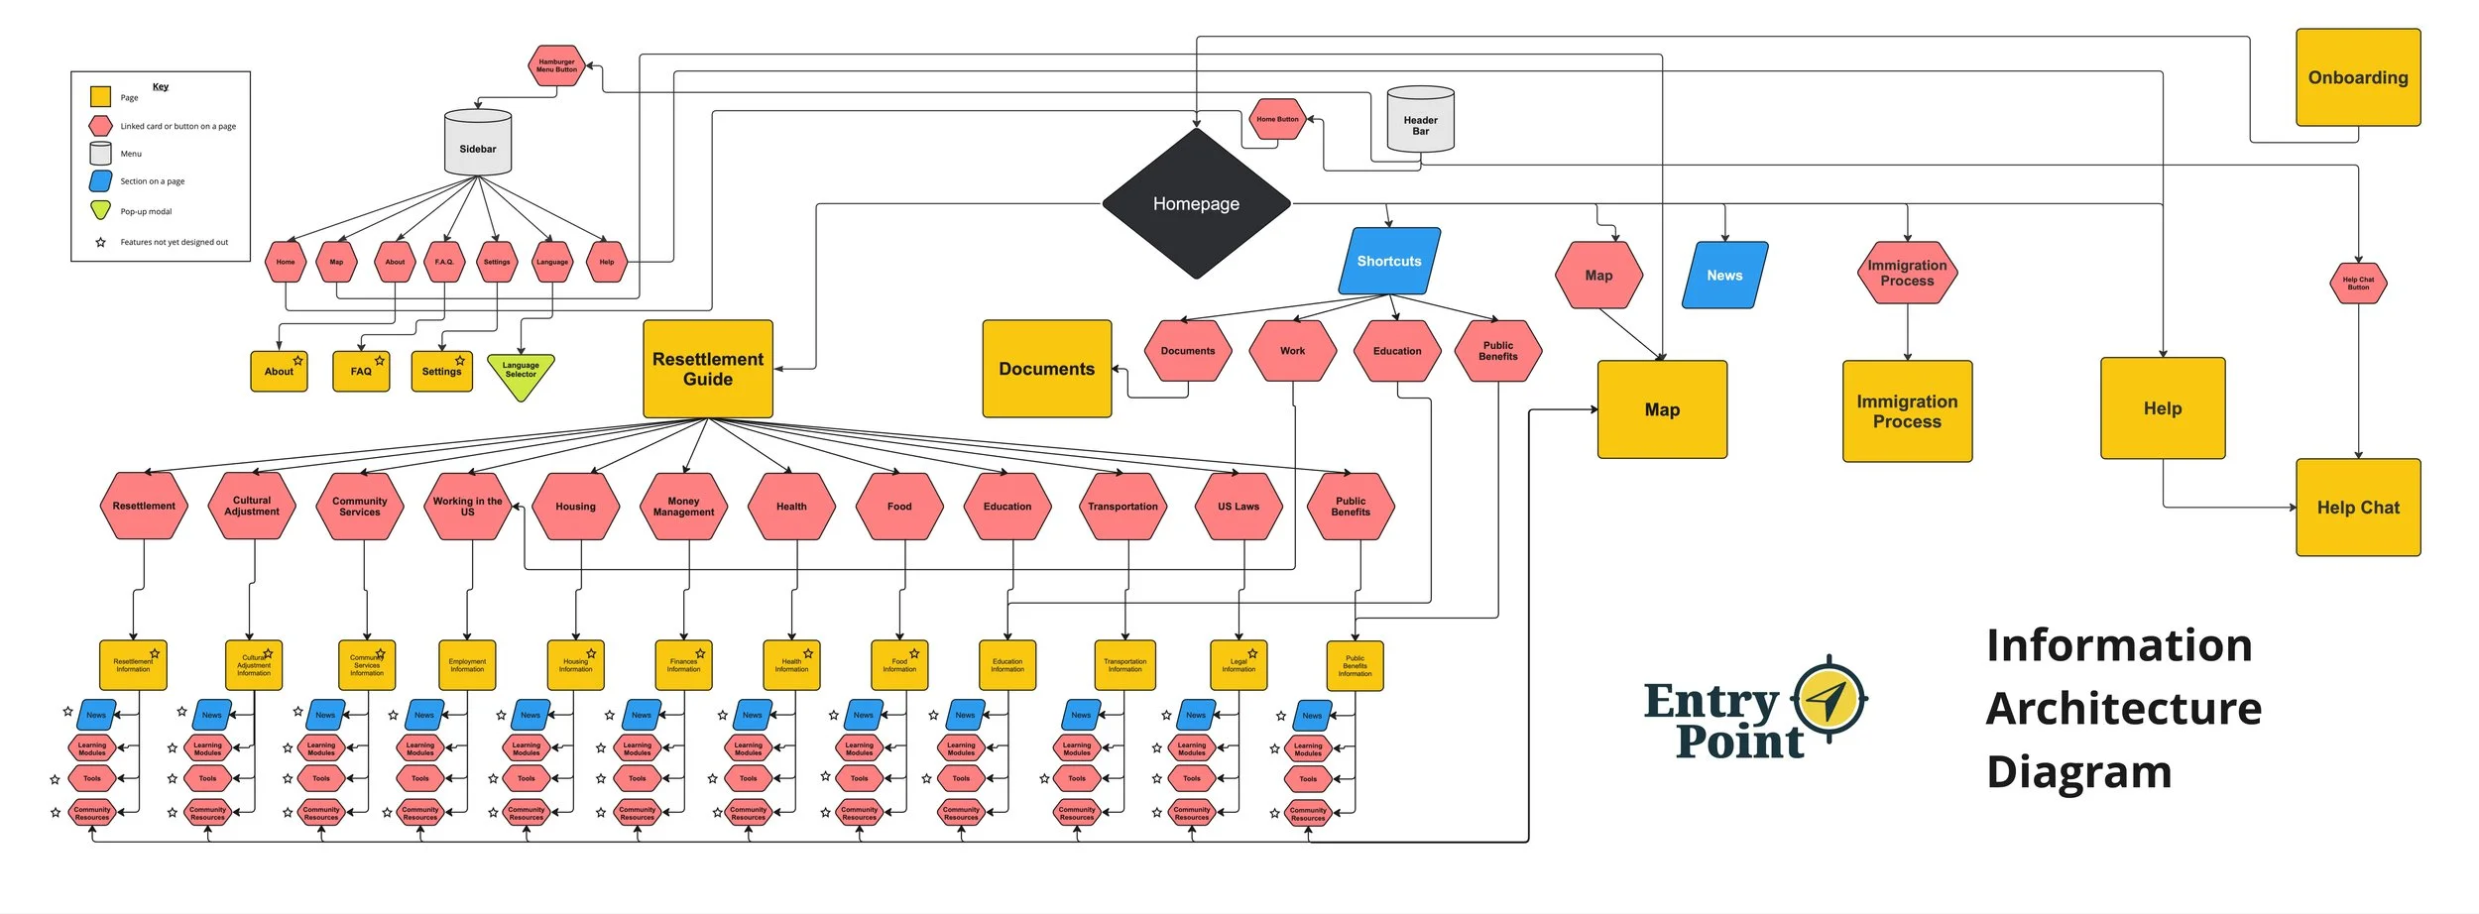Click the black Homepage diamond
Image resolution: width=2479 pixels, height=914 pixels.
[1196, 203]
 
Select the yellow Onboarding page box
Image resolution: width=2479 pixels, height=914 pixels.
[2357, 77]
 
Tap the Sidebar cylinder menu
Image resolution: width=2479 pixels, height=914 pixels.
[478, 144]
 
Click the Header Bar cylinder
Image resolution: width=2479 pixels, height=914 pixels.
[1420, 121]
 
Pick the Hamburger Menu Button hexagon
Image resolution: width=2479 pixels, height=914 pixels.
[556, 65]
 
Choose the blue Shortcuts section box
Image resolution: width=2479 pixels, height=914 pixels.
[1388, 261]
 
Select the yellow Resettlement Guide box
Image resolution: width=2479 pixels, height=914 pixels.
[708, 369]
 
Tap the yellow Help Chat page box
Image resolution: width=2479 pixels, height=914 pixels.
[2357, 508]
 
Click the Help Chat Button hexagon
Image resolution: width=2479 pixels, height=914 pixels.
[2357, 284]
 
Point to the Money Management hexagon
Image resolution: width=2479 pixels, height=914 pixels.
[683, 507]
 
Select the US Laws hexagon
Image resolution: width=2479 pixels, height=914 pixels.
[1239, 507]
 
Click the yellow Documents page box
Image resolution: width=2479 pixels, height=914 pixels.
[1046, 369]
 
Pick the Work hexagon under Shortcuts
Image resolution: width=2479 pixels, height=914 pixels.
[1292, 351]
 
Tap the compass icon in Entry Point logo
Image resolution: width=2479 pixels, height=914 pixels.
[1830, 700]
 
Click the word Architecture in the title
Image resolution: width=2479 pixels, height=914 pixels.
[2123, 709]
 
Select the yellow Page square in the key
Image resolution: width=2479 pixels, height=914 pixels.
[100, 97]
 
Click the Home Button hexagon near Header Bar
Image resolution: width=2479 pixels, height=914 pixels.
[1277, 119]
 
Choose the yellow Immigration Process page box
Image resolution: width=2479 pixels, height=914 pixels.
[1906, 411]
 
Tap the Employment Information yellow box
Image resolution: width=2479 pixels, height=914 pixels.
[467, 665]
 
